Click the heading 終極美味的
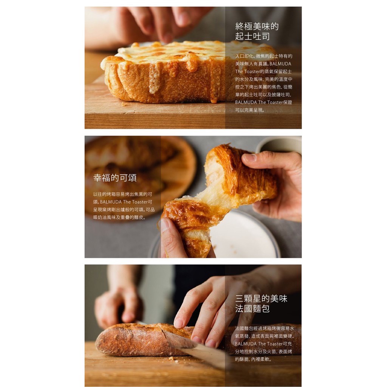click(x=257, y=26)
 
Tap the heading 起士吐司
click(x=252, y=36)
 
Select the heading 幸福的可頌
click(x=115, y=178)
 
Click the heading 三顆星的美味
click(x=261, y=299)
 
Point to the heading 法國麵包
click(x=252, y=308)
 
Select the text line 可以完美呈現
click(x=250, y=110)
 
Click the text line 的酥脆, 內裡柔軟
click(x=253, y=359)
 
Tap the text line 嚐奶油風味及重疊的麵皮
click(x=119, y=217)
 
